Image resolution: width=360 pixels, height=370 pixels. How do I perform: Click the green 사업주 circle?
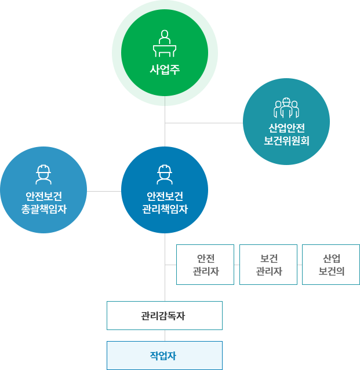165,53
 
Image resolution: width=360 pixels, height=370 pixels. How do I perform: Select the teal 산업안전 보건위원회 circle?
286,122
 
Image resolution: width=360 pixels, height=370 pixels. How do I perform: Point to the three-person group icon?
286,108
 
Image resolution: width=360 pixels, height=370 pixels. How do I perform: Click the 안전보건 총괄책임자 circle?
43,190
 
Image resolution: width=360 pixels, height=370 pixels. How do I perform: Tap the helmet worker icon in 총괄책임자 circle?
43,174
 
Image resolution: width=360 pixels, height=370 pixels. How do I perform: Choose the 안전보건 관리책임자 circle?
165,190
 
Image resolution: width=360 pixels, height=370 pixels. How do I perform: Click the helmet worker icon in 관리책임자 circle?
165,174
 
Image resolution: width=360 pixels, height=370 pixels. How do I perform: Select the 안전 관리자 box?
205,265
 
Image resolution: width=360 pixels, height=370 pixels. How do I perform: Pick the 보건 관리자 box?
268,265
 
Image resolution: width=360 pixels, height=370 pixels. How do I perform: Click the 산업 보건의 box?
331,265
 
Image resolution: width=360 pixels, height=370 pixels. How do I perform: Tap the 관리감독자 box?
165,316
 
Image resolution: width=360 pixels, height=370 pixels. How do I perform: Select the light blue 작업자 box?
165,356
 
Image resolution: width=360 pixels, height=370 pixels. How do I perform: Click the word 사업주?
165,70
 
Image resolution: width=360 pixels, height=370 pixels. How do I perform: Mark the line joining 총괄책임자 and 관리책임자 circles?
104,191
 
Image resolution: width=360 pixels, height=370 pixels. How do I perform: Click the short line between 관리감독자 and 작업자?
165,335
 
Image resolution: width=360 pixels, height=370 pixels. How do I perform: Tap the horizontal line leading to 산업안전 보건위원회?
203,123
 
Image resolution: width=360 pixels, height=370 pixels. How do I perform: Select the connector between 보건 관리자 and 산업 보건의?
300,265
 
